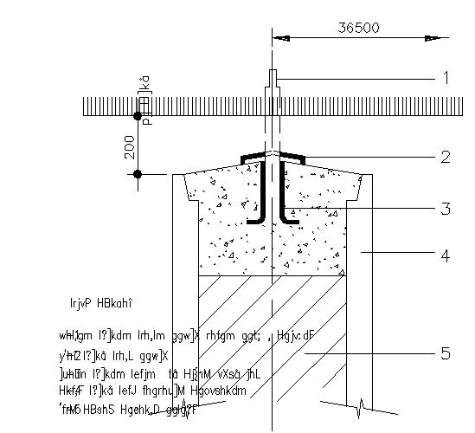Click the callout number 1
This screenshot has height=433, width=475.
click(446, 78)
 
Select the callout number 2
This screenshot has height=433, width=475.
click(446, 157)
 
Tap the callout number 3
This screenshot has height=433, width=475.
click(446, 209)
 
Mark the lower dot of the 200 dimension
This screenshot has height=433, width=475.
click(137, 174)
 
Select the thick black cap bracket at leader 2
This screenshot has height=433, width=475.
click(273, 157)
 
